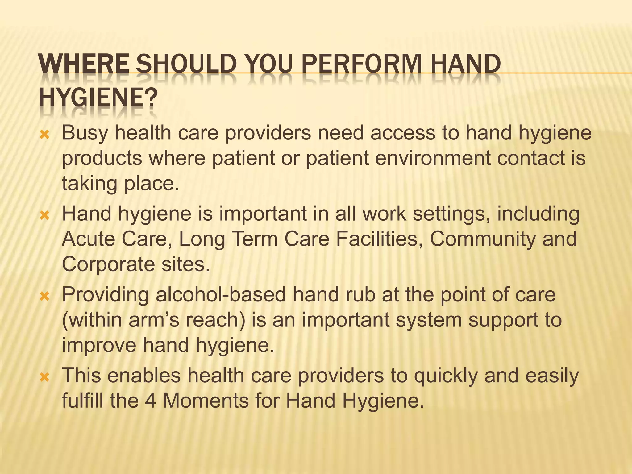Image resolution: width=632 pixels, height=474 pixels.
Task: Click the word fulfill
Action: click(x=82, y=401)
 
